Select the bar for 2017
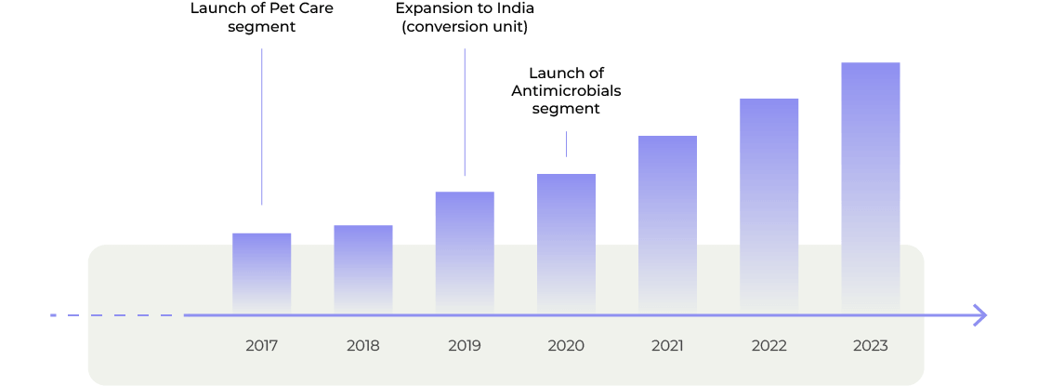click(x=261, y=273)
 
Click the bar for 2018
click(x=363, y=269)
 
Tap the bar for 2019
click(x=465, y=252)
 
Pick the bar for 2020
click(x=566, y=243)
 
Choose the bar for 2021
click(x=667, y=224)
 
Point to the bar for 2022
click(x=769, y=206)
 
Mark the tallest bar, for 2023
click(x=870, y=187)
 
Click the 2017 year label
click(x=261, y=346)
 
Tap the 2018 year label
click(x=363, y=346)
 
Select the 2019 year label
click(x=465, y=346)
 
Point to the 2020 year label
click(x=566, y=346)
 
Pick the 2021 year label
click(x=667, y=346)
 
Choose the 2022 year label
click(x=769, y=346)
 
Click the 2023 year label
click(x=870, y=346)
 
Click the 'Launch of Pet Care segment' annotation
click(x=261, y=18)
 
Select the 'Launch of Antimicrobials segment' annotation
click(x=566, y=91)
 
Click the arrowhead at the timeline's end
click(x=979, y=315)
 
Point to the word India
click(x=516, y=8)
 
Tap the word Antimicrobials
click(x=566, y=91)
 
